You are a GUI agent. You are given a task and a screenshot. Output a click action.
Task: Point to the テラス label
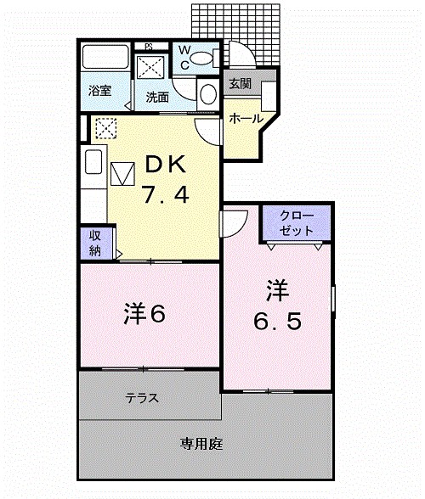pyautogui.click(x=142, y=397)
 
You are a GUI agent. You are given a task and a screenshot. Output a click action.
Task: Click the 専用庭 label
pyautogui.click(x=201, y=443)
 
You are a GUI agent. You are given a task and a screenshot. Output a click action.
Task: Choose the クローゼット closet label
pyautogui.click(x=297, y=223)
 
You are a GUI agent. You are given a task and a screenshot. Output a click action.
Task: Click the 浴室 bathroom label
pyautogui.click(x=101, y=90)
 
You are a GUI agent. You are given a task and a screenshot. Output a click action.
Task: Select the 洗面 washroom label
pyautogui.click(x=156, y=97)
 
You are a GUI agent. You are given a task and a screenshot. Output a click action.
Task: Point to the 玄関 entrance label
pyautogui.click(x=240, y=84)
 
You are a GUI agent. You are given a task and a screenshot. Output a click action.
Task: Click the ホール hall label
pyautogui.click(x=246, y=119)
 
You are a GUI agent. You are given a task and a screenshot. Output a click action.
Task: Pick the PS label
pyautogui.click(x=148, y=46)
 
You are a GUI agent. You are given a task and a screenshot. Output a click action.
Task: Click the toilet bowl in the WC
pyautogui.click(x=202, y=57)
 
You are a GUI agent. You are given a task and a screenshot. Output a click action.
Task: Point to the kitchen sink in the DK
pyautogui.click(x=93, y=162)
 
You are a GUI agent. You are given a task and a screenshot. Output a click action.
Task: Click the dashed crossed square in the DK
pyautogui.click(x=105, y=127)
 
